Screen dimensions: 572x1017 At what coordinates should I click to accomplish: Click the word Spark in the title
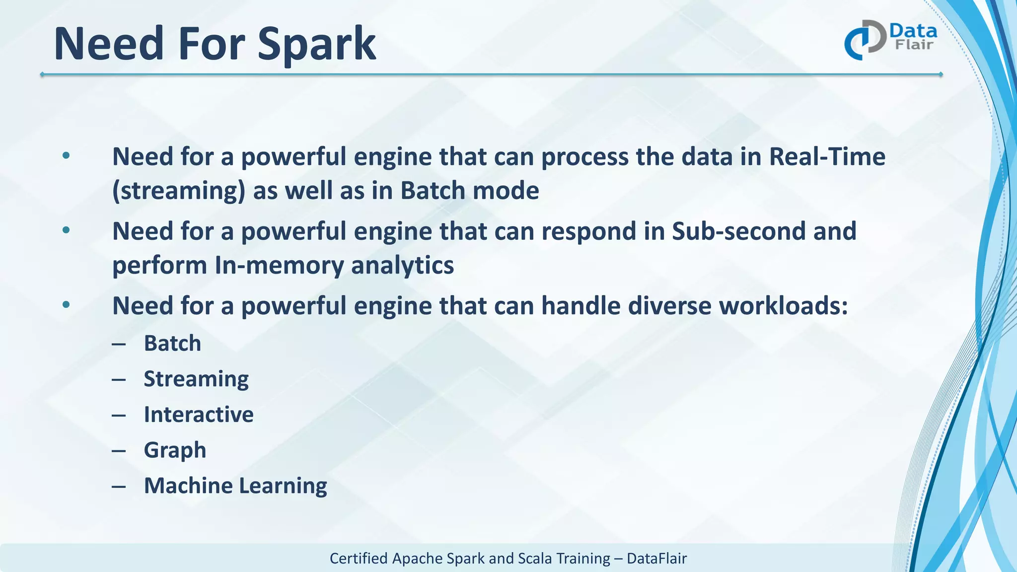click(x=316, y=45)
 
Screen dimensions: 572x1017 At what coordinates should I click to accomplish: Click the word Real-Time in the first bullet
click(x=827, y=157)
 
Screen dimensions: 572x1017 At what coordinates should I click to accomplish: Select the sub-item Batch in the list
click(x=172, y=344)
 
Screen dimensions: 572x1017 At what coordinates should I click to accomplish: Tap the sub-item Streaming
click(x=196, y=379)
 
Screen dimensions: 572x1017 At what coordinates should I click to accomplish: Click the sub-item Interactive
click(x=199, y=415)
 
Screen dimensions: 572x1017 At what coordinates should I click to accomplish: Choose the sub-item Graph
click(x=175, y=450)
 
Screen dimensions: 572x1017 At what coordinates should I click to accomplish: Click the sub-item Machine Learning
click(x=235, y=486)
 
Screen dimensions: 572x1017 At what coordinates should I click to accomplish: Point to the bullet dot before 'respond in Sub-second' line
click(x=66, y=230)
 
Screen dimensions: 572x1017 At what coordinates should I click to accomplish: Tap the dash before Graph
click(x=119, y=451)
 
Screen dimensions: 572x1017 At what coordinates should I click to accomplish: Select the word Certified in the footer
click(x=359, y=559)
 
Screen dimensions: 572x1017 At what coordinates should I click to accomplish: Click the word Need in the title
click(x=109, y=45)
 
